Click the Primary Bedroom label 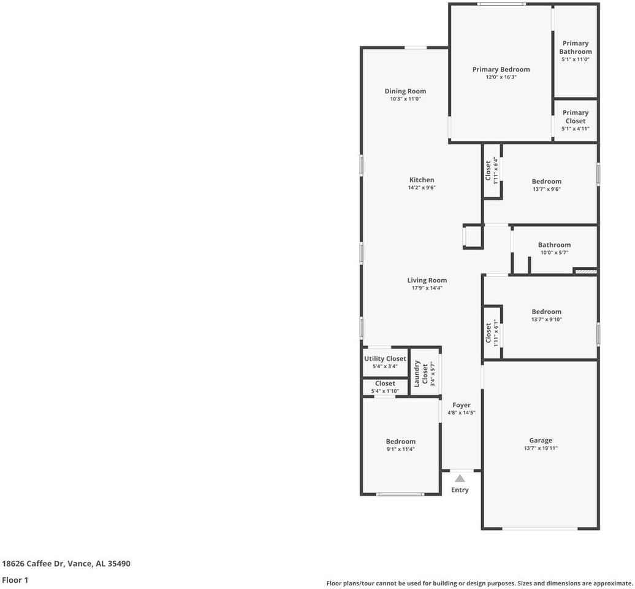pos(501,69)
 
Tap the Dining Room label pos(405,91)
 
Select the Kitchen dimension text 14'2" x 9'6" pos(422,188)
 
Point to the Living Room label pos(427,280)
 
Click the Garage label pos(541,440)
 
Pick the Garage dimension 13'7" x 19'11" pos(541,448)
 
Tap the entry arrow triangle pos(460,479)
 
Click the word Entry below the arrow pos(460,490)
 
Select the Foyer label pos(462,405)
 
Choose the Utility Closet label pos(385,359)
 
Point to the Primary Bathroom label pos(576,47)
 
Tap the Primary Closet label pos(576,117)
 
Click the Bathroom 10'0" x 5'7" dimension pos(554,253)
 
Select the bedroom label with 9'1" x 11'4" pos(400,441)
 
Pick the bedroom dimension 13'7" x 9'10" pos(546,319)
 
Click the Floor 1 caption pos(15,579)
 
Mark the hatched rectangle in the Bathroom pos(585,271)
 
